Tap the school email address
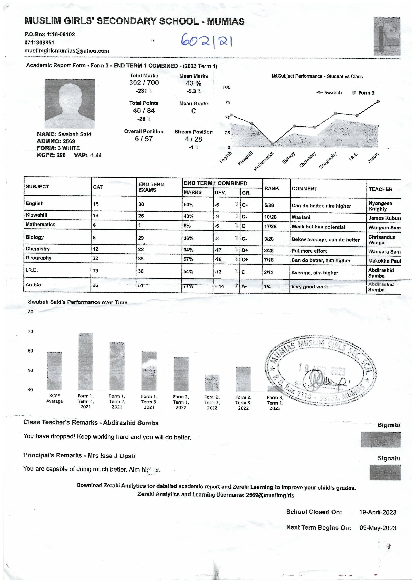tap(67, 51)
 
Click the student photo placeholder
tap(70, 104)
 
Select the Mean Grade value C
tap(193, 111)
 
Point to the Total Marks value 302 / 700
tap(144, 83)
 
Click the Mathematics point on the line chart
tap(273, 144)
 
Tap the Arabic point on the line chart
tap(378, 101)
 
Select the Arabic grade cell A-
tap(244, 286)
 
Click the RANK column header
tap(271, 188)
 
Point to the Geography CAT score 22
tap(95, 258)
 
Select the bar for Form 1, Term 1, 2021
tap(86, 362)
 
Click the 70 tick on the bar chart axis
tap(30, 332)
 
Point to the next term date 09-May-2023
tap(378, 528)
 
